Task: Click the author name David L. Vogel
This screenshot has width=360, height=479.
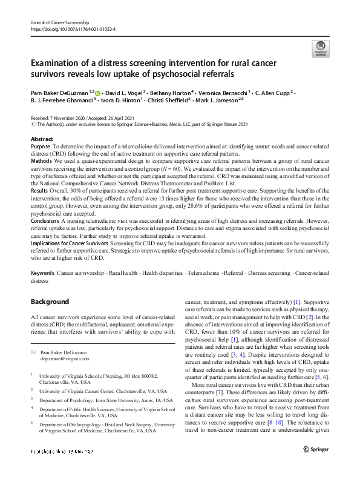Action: coord(127,93)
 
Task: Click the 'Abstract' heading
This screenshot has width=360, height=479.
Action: coord(42,139)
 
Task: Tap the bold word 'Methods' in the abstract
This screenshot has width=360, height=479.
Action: coord(41,162)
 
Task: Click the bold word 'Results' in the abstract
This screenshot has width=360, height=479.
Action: coord(39,191)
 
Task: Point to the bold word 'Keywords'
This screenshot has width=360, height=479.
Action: coord(42,274)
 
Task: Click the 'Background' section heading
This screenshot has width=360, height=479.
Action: coord(50,302)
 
